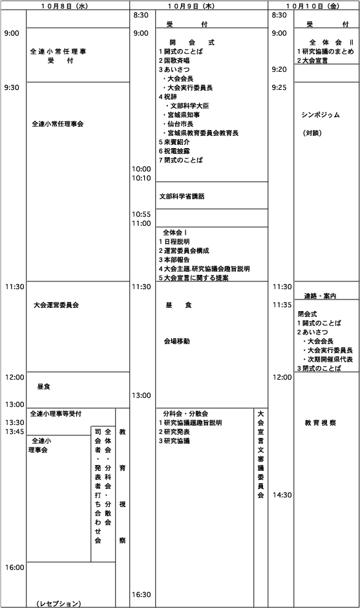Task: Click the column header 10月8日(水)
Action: coord(65,6)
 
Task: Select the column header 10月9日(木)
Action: coord(199,6)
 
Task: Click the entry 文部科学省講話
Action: coord(182,197)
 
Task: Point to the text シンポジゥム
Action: coord(321,114)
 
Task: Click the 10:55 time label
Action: coord(141,215)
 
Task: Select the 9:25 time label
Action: coord(279,87)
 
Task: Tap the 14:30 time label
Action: coord(282,495)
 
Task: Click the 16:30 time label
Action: coord(141,594)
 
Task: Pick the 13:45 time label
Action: coord(14,431)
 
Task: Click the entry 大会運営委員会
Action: coord(56,305)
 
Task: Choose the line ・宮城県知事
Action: coord(181,114)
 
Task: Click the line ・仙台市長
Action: coord(178,124)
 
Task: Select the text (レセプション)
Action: coord(59,603)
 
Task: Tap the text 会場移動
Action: coord(176,342)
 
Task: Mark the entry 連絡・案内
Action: coord(320,296)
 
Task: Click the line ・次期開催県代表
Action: coord(328,360)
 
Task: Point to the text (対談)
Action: coord(312,133)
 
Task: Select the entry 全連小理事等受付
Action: coord(56,414)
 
